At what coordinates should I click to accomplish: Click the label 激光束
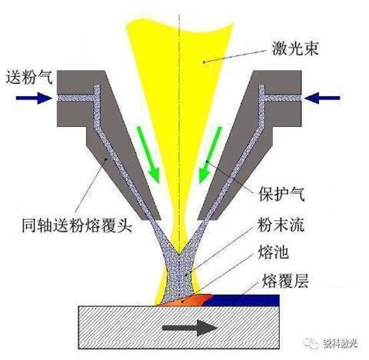pyautogui.click(x=295, y=48)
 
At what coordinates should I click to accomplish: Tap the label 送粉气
pyautogui.click(x=29, y=77)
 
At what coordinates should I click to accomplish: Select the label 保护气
pyautogui.click(x=281, y=194)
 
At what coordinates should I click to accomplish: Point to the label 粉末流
pyautogui.click(x=281, y=225)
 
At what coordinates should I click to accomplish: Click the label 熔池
pyautogui.click(x=274, y=252)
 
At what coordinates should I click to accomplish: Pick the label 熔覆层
pyautogui.click(x=285, y=281)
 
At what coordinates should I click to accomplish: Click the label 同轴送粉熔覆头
pyautogui.click(x=77, y=225)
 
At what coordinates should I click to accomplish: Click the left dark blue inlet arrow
pyautogui.click(x=34, y=98)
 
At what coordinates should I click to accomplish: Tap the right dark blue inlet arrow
pyautogui.click(x=322, y=98)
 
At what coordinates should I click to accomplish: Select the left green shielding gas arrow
pyautogui.click(x=148, y=155)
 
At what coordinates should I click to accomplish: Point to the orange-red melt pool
pyautogui.click(x=185, y=300)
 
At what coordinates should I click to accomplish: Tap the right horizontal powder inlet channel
pyautogui.click(x=283, y=98)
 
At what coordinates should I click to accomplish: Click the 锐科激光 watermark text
pyautogui.click(x=341, y=342)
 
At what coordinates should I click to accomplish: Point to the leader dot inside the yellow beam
pyautogui.click(x=204, y=62)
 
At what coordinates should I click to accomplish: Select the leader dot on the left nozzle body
pyautogui.click(x=107, y=159)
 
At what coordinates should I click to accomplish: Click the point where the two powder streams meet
pyautogui.click(x=179, y=254)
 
